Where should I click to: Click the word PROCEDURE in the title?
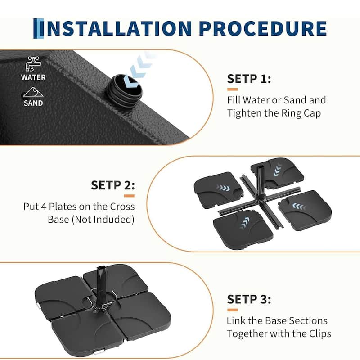(x=263, y=28)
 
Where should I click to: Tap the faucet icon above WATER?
(x=33, y=63)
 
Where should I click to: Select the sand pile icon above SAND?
(x=33, y=92)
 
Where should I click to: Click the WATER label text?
(x=33, y=77)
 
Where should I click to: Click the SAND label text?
(x=33, y=103)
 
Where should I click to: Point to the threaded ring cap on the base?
(x=124, y=91)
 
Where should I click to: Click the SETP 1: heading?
(x=249, y=79)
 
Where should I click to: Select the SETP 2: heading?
(x=113, y=185)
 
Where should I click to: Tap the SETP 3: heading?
(x=249, y=299)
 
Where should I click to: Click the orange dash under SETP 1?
(x=232, y=89)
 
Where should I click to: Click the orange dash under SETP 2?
(x=129, y=196)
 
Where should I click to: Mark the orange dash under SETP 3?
(x=232, y=310)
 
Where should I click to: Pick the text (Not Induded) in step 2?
(x=103, y=220)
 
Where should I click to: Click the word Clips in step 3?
(x=320, y=334)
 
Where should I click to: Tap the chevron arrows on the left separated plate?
(x=223, y=189)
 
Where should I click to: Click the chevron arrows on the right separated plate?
(x=299, y=207)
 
